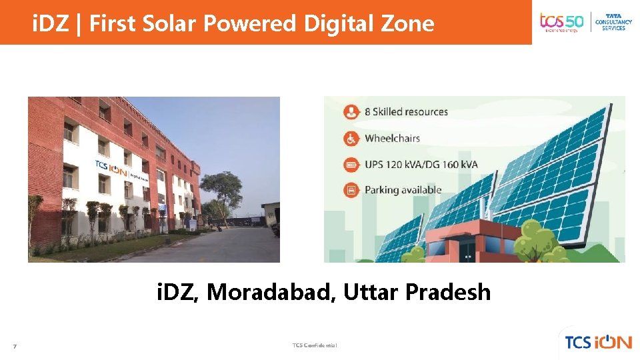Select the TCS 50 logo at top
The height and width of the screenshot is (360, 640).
pos(561,22)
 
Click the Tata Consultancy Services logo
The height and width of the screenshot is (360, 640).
pos(613,22)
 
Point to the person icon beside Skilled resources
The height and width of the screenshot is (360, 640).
pos(351,112)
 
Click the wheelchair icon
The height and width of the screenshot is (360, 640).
pos(351,139)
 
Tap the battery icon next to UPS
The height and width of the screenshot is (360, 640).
pos(351,165)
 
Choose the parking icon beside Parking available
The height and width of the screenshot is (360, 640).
pos(351,190)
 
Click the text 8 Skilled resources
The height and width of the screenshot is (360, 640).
pos(406,112)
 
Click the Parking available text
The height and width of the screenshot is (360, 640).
pos(403,190)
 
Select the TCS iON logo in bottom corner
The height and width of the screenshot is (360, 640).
pos(598,342)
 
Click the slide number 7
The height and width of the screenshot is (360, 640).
pos(15,345)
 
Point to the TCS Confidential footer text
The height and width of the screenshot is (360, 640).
pos(315,345)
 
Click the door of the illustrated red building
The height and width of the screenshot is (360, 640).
pos(467,249)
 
